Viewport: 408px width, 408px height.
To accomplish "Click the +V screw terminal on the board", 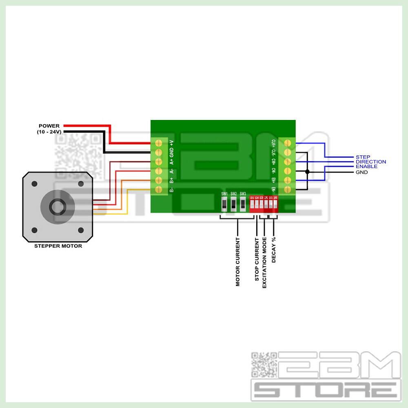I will tap(159, 143).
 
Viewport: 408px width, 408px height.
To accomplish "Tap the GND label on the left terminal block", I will tap(172, 152).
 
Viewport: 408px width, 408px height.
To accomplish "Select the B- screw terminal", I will tap(159, 189).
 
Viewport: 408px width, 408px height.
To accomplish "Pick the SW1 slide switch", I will tap(224, 204).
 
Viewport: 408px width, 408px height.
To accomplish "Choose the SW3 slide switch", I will tap(243, 204).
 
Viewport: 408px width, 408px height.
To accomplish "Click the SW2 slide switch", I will tap(233, 204).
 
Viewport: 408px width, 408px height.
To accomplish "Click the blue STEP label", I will tap(363, 157).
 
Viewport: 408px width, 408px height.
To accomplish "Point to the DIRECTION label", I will tap(370, 162).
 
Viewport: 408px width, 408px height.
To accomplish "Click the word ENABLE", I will tap(366, 167).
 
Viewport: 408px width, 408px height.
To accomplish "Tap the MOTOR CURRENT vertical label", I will tap(238, 262).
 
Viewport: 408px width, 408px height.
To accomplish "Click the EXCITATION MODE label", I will tap(264, 262).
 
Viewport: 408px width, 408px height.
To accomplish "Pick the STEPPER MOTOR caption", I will tap(58, 246).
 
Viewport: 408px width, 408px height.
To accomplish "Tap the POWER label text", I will tap(49, 126).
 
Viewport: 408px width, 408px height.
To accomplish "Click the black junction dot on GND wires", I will tap(307, 172).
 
